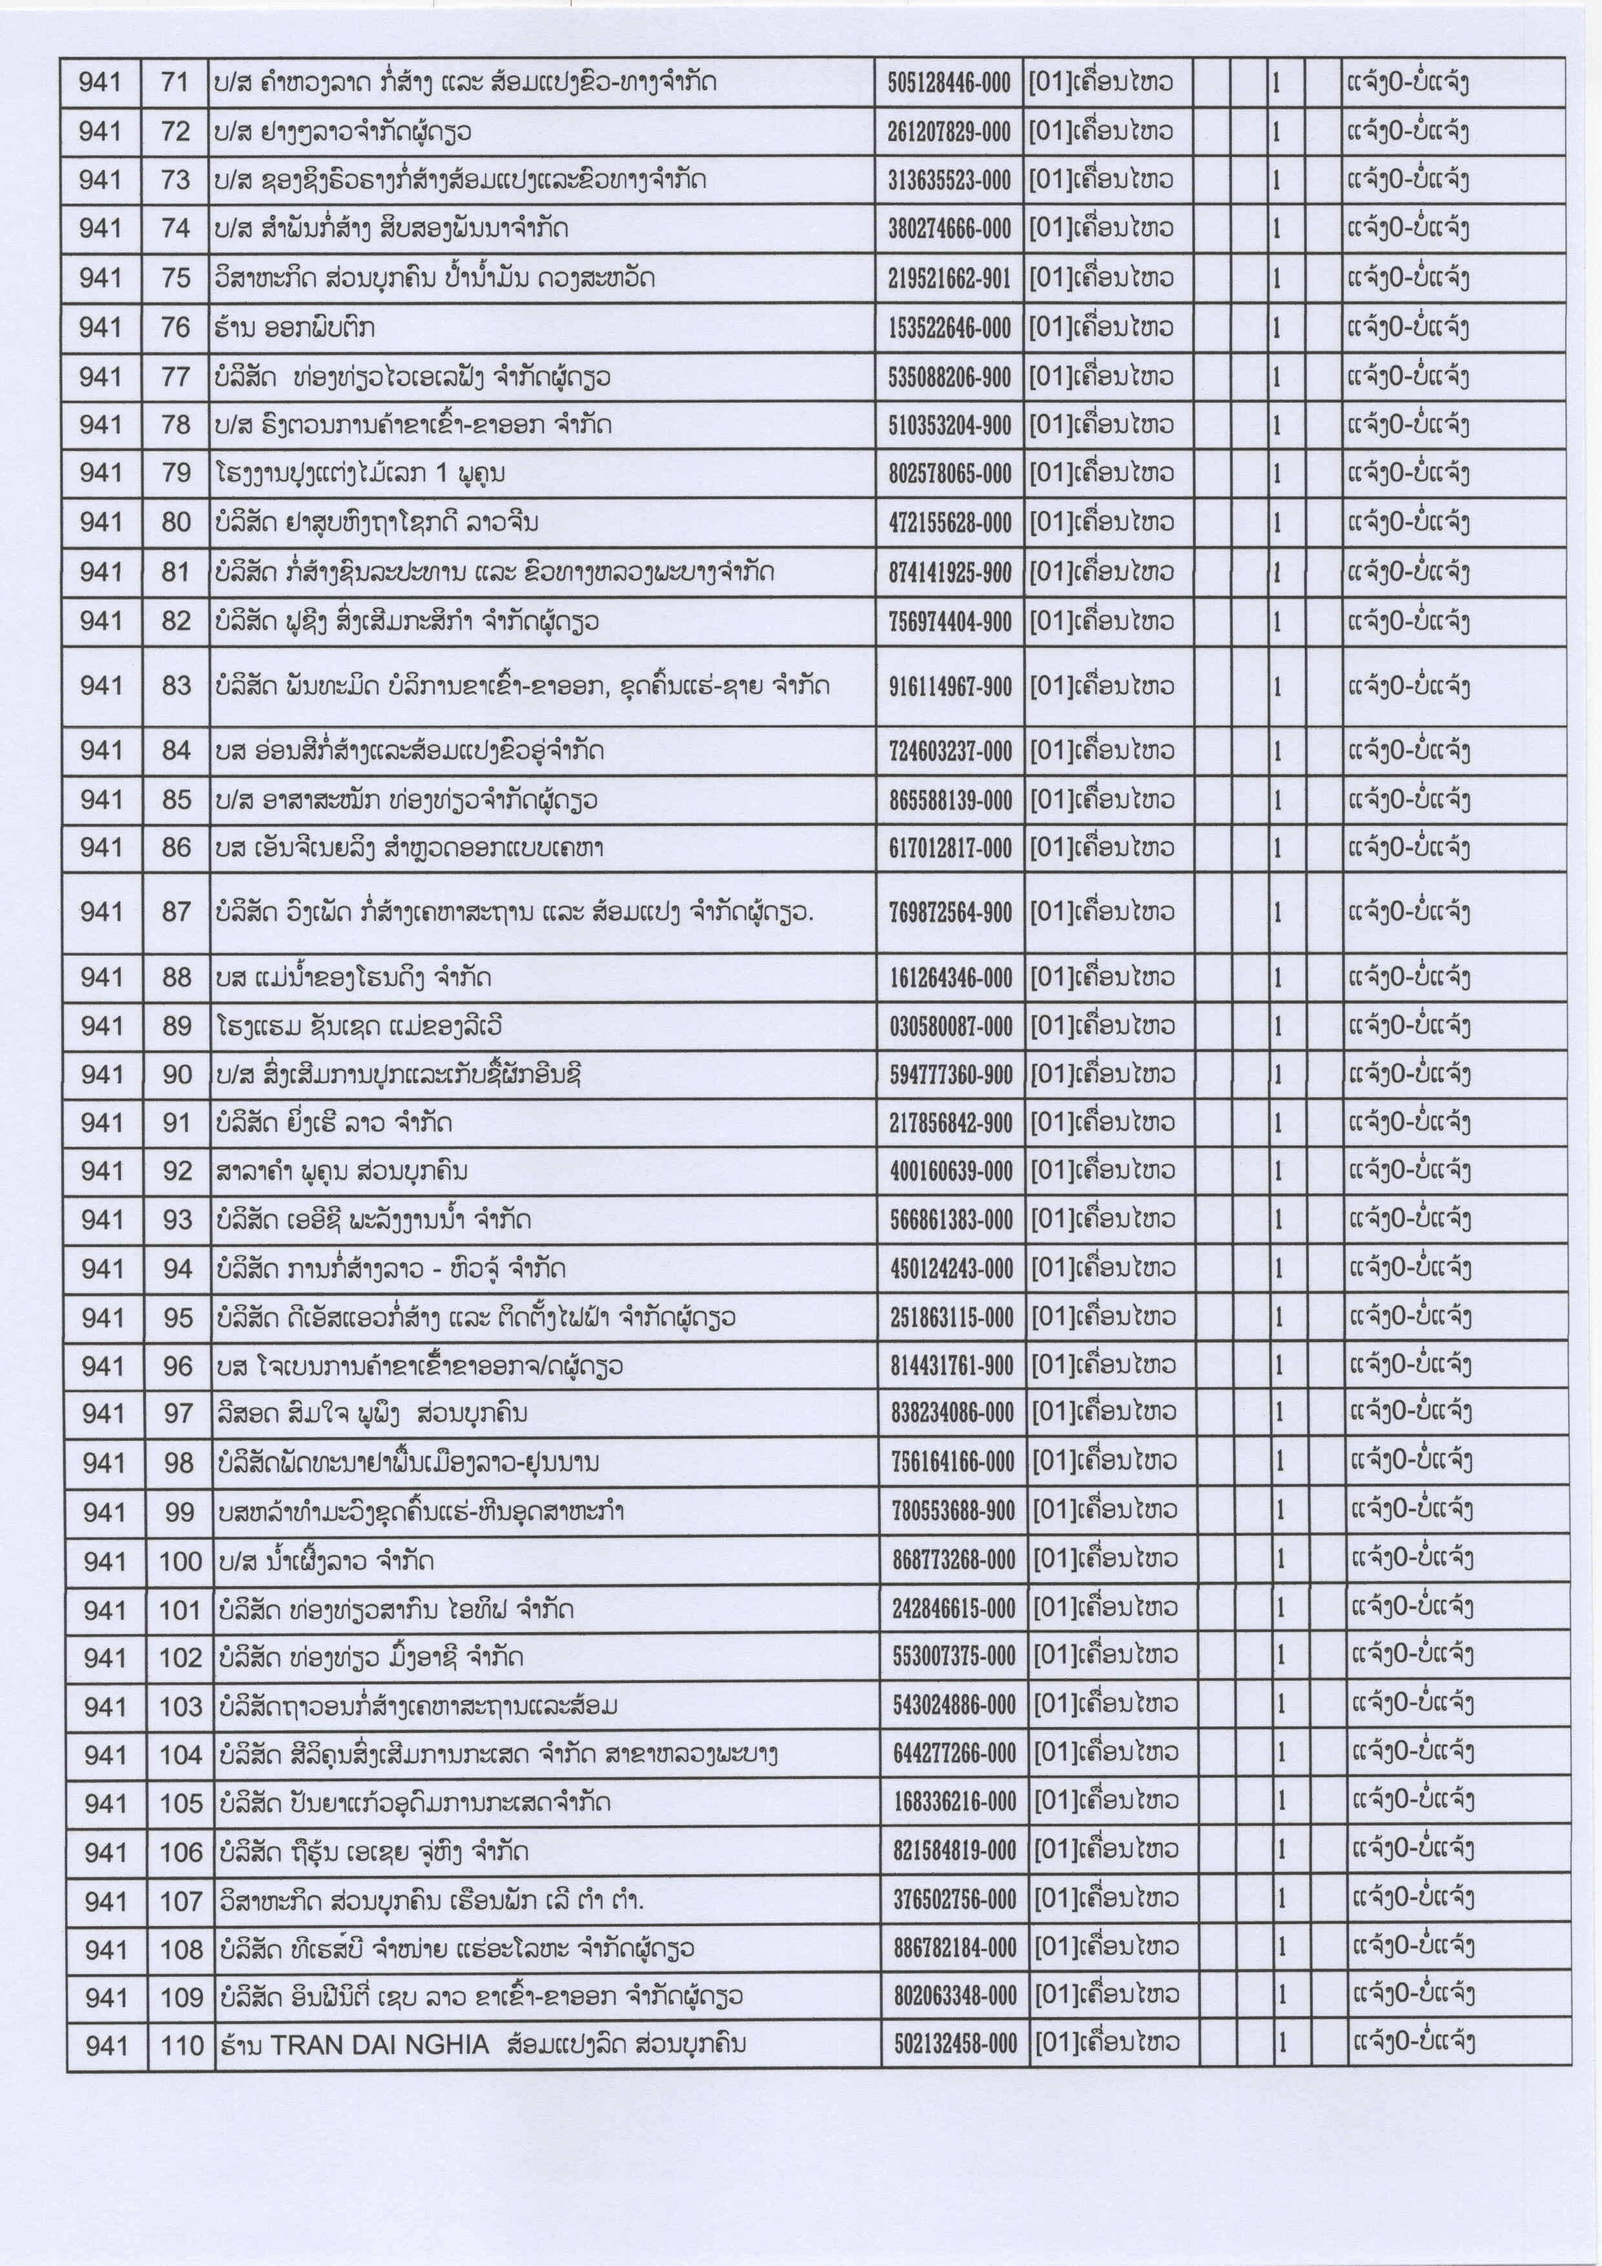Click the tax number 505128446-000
tap(949, 82)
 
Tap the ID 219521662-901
tap(949, 278)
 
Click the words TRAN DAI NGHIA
tap(380, 2043)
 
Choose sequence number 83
tap(176, 686)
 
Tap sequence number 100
tap(180, 1561)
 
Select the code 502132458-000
tap(955, 2043)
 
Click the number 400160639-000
tap(952, 1171)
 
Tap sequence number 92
tap(178, 1171)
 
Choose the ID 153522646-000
tap(949, 328)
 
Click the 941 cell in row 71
tap(99, 82)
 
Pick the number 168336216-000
tap(955, 1802)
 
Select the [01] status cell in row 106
tap(1105, 1851)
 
